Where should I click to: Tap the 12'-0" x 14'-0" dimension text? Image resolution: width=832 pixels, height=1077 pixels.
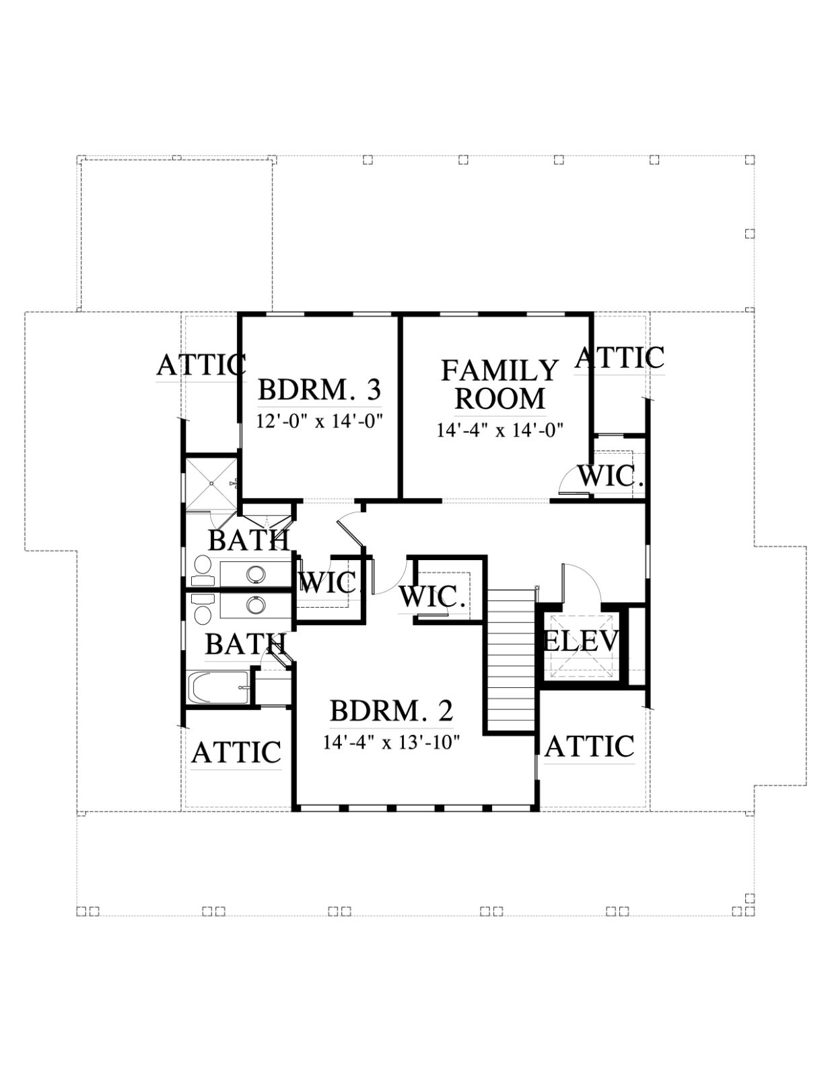pos(320,421)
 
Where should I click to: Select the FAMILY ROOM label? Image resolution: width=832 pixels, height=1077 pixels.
pos(500,384)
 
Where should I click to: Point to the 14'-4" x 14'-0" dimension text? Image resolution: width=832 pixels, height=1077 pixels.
pos(501,429)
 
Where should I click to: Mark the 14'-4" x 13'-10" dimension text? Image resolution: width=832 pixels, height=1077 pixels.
pos(392,742)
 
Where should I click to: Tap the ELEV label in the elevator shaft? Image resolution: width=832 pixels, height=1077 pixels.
pos(582,641)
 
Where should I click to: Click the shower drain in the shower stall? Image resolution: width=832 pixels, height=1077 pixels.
pos(211,483)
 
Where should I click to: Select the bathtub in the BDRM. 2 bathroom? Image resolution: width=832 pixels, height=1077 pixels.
pos(219,688)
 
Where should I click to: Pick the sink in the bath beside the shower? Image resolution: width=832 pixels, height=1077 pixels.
pos(256,574)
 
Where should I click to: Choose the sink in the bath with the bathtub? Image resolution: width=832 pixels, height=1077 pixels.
pos(256,604)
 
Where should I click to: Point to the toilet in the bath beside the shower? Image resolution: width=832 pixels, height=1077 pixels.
pos(201,571)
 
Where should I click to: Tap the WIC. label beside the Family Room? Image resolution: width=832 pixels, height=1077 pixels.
pos(611,477)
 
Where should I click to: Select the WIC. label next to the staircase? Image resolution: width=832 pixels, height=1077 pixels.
pos(433,597)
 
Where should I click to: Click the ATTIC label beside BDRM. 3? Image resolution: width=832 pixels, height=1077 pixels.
pos(201,366)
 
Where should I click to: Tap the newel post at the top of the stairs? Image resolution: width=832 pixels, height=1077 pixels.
pos(536,588)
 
